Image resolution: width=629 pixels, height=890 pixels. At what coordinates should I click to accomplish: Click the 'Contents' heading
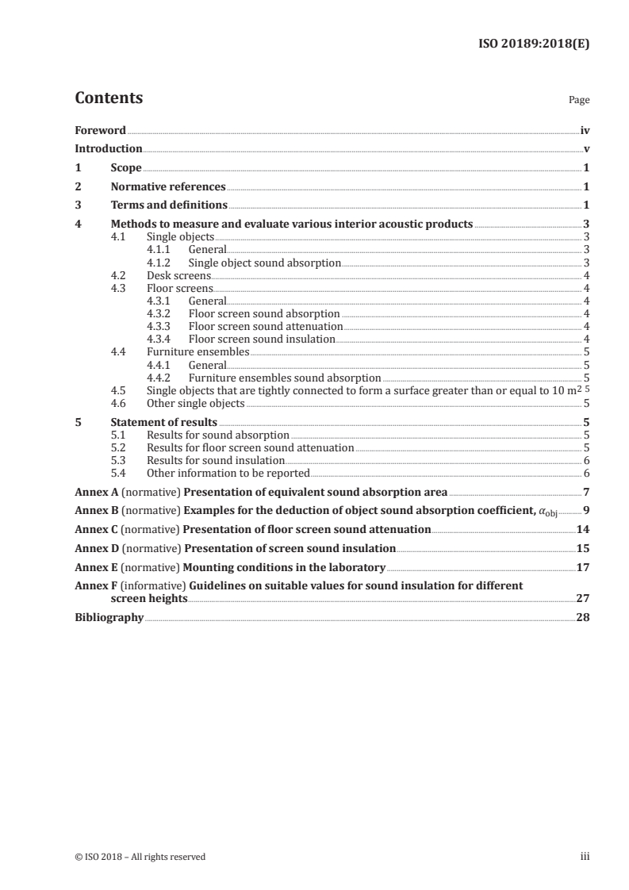point(109,98)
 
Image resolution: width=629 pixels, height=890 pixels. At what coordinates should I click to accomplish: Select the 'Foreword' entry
point(100,130)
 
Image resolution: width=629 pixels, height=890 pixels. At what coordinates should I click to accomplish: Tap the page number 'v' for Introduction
point(585,148)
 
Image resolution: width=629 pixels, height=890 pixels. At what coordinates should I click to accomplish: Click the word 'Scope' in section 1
point(126,168)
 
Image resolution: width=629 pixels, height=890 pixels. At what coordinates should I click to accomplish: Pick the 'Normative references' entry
point(168,187)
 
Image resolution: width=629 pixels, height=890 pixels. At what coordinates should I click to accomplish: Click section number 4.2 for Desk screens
point(120,275)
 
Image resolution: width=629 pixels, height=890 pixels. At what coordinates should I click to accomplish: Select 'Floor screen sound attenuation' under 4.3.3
point(266,326)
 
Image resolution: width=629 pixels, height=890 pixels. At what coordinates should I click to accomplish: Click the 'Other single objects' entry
point(196,403)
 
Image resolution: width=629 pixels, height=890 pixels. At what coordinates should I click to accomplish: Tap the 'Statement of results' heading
point(164,422)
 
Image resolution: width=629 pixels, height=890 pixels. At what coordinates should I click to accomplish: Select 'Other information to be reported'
point(228,473)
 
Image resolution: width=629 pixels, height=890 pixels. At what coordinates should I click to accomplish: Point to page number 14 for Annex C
point(583,529)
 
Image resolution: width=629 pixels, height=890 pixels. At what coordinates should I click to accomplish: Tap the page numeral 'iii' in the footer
point(585,856)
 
